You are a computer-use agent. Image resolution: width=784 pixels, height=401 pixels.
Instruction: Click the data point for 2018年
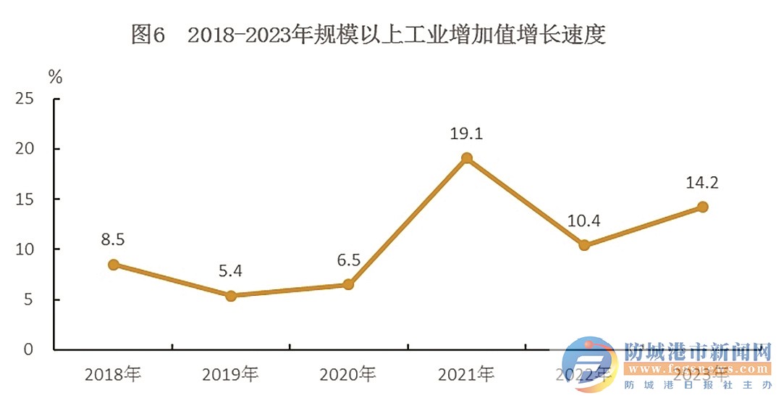pos(114,265)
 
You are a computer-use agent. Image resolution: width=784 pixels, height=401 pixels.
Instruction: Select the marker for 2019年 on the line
pos(231,296)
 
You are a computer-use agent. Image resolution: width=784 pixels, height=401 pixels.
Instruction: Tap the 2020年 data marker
pos(348,284)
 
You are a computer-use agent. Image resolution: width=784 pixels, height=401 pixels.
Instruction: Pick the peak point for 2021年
pos(467,158)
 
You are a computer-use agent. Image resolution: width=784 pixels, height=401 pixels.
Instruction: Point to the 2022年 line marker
pos(584,245)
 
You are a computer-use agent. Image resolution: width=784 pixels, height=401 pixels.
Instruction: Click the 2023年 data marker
pos(702,207)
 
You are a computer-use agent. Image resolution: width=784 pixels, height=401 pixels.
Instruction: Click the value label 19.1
pos(466,134)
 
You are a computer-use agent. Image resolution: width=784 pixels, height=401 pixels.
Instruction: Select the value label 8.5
pos(114,239)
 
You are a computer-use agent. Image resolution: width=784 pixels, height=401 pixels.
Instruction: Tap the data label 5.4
pos(231,271)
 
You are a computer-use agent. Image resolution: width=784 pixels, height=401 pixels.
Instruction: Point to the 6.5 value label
pos(348,260)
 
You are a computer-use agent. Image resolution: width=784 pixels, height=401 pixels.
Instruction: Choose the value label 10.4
pos(584,220)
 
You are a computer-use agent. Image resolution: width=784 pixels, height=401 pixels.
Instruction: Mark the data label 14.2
pos(701,183)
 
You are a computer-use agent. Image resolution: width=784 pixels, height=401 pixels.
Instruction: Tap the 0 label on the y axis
pos(30,350)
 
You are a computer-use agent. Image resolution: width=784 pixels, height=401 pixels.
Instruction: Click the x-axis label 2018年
pos(113,375)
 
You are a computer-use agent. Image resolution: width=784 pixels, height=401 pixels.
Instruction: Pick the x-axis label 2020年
pos(348,375)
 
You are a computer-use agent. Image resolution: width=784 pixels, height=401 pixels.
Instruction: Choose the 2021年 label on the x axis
pos(466,375)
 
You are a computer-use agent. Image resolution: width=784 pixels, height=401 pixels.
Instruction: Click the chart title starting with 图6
pos(368,34)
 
